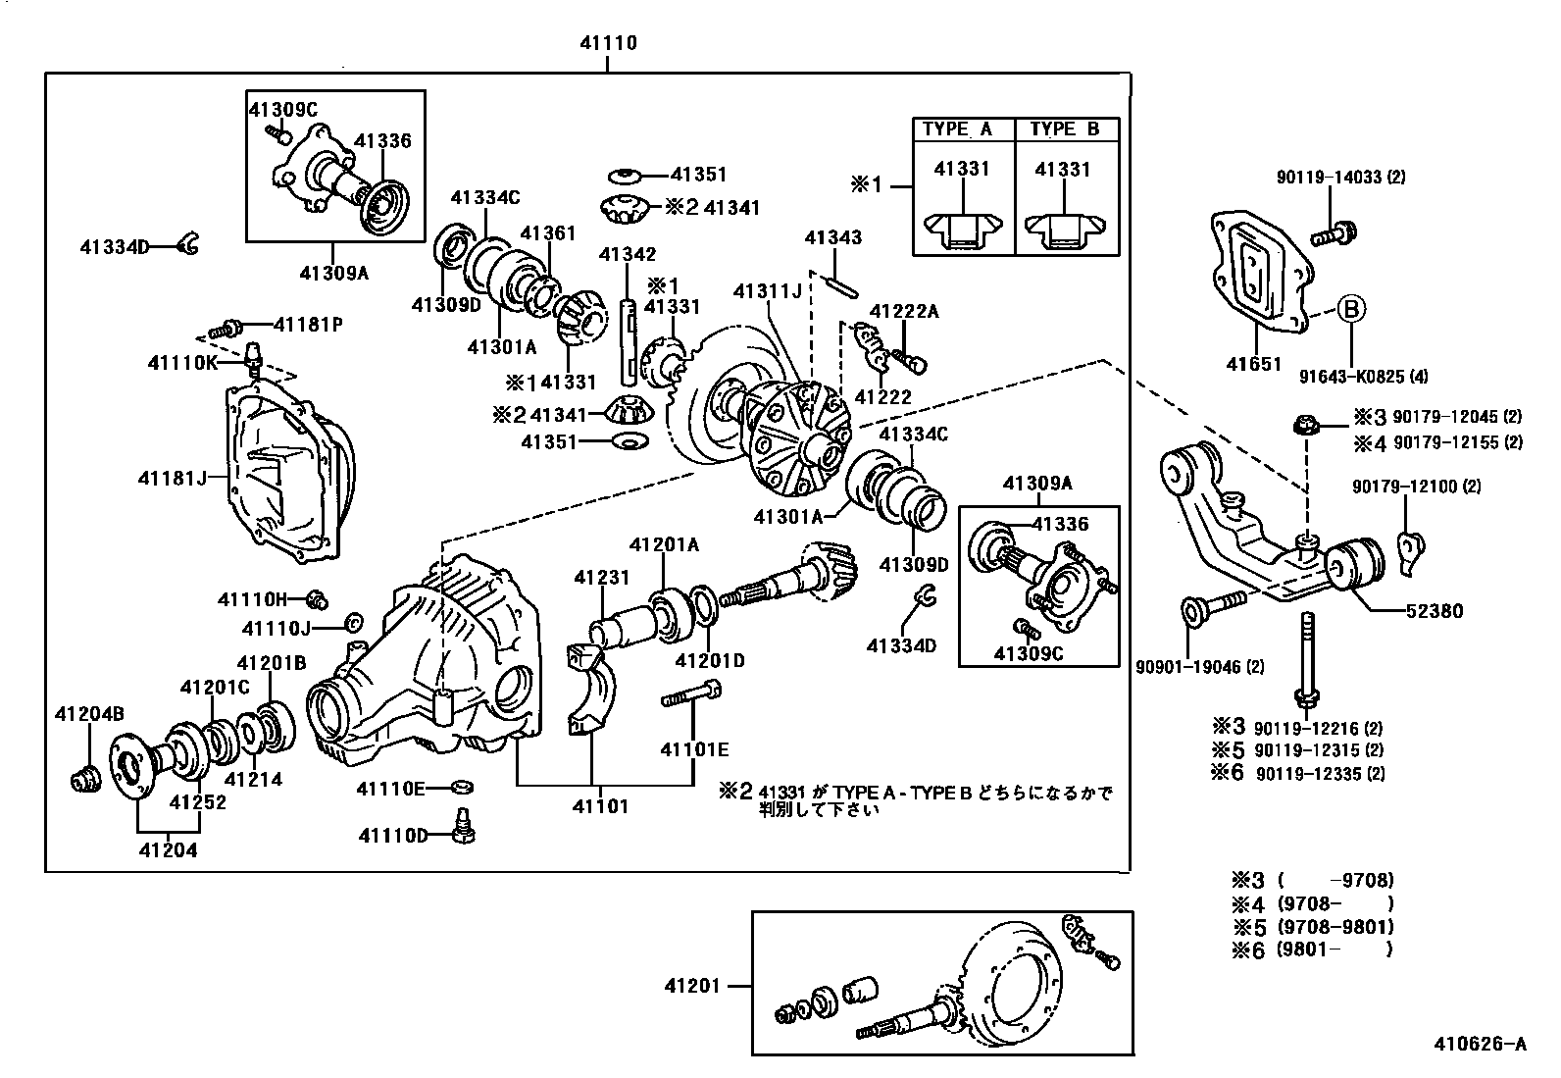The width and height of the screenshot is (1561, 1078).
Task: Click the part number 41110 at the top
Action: coord(608,42)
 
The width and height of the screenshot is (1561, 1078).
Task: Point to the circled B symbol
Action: coord(1350,309)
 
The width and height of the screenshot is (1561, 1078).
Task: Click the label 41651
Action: coord(1253,364)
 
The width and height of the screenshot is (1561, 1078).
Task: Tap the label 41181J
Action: coord(173,478)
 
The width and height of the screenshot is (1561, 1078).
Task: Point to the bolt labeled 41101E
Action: coord(692,699)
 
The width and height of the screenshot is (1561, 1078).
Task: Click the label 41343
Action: coord(833,237)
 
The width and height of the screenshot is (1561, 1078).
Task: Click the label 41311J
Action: coord(768,290)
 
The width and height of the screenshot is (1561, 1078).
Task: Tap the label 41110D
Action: coord(393,835)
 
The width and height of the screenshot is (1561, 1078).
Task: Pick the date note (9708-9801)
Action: coord(1334,926)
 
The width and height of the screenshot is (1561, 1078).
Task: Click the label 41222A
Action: coord(904,312)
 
